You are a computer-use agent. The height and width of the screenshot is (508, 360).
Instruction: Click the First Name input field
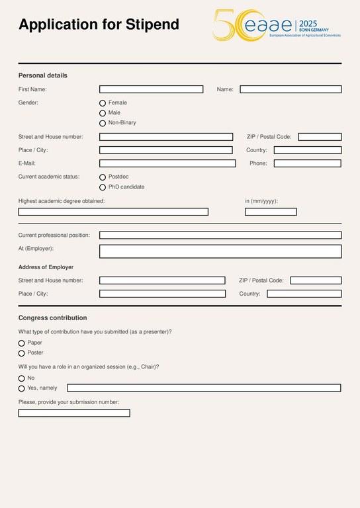[x=151, y=89]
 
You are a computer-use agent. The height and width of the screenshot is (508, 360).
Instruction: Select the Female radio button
[x=103, y=103]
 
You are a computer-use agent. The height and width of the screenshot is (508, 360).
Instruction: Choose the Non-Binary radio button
[x=103, y=123]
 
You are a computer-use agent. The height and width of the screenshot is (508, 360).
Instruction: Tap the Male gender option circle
[x=103, y=113]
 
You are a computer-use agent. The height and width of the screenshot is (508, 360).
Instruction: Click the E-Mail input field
[x=167, y=163]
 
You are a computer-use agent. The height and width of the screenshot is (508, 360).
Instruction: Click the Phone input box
[x=307, y=163]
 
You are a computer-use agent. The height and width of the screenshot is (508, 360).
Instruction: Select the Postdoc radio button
[x=103, y=177]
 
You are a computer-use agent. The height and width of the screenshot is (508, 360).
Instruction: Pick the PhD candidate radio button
[x=103, y=187]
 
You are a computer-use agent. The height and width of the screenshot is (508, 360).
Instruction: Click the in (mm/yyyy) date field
[x=271, y=212]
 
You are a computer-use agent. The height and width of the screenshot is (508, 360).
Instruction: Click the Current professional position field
[x=220, y=235]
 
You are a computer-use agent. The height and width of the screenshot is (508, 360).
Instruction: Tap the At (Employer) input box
[x=220, y=251]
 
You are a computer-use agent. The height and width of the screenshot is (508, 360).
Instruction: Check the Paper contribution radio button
[x=22, y=343]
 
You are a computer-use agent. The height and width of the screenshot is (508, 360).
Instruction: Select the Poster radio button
[x=22, y=353]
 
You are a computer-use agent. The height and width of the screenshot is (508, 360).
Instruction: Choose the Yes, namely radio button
[x=22, y=388]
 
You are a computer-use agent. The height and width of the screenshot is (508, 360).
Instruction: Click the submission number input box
[x=74, y=413]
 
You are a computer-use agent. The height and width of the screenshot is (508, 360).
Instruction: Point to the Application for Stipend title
[x=99, y=25]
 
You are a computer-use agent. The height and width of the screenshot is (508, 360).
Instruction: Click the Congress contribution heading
[x=52, y=317]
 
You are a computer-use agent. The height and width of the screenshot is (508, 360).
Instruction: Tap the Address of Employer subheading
[x=46, y=267]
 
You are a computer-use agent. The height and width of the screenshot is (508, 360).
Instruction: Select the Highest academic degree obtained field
[x=113, y=212]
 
